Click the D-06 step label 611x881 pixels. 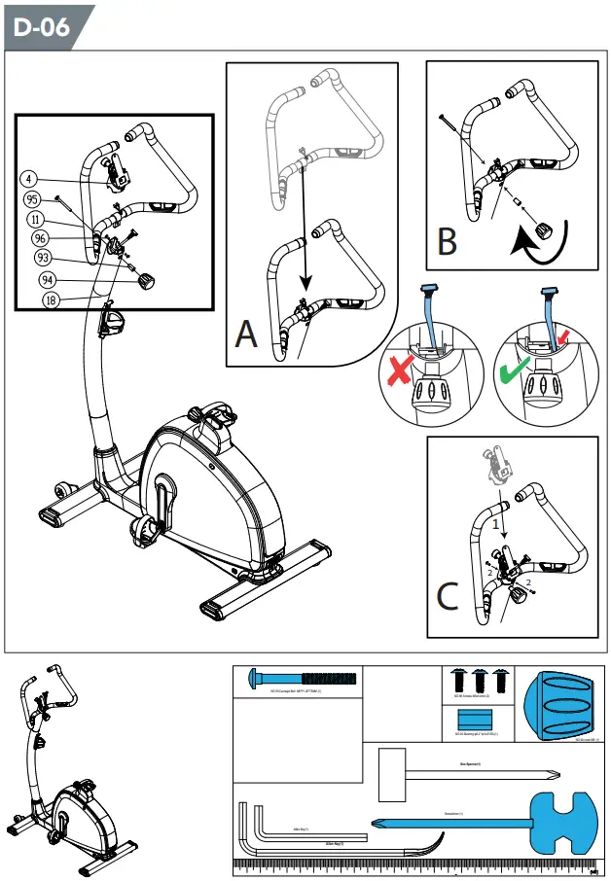(42, 26)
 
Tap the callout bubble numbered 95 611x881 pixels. (32, 199)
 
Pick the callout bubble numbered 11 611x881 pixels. (36, 219)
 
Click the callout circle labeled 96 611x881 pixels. (40, 238)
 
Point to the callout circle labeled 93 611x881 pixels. (43, 259)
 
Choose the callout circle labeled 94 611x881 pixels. (46, 280)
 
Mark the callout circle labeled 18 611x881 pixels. (51, 300)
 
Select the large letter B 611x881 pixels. (447, 240)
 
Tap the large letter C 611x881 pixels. (447, 595)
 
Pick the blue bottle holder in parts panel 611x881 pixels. (560, 705)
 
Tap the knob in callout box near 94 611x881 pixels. (147, 281)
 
